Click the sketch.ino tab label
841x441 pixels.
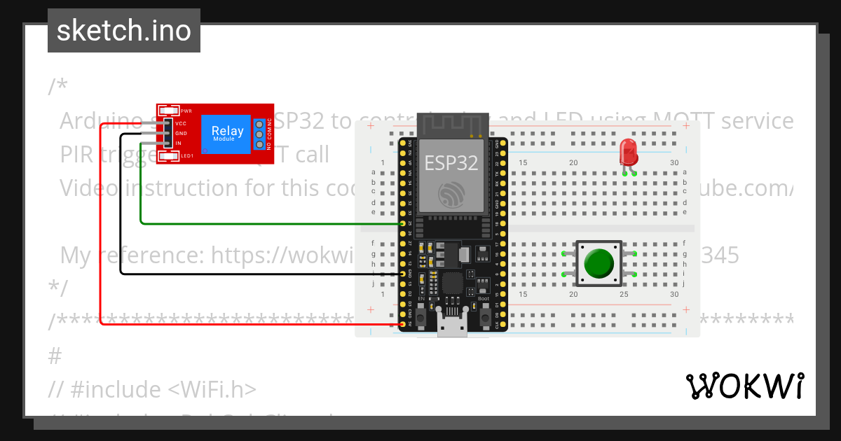click(x=123, y=31)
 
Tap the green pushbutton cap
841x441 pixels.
click(x=599, y=263)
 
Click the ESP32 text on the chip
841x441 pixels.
click(x=451, y=163)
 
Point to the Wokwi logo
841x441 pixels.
click(x=744, y=386)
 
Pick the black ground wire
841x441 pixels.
click(x=120, y=210)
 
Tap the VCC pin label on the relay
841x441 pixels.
click(x=181, y=123)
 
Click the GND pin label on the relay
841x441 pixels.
click(x=181, y=133)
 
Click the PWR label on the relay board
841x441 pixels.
click(x=186, y=111)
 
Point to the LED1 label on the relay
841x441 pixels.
click(x=187, y=155)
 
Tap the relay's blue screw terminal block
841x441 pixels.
click(x=259, y=133)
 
